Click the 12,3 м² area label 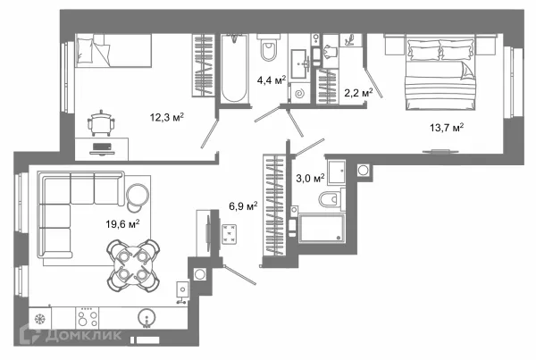(167, 117)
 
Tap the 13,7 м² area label (447, 128)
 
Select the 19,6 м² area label (122, 224)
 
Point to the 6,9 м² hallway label (243, 205)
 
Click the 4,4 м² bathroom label (272, 80)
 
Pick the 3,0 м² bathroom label (310, 178)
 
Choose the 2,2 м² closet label (358, 92)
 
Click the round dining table (133, 265)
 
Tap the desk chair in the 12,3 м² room (101, 123)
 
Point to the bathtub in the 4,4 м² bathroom (234, 69)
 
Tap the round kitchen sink (147, 318)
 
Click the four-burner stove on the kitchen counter (88, 318)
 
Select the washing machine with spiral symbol (300, 93)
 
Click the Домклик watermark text (83, 335)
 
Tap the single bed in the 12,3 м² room (113, 50)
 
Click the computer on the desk (102, 148)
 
